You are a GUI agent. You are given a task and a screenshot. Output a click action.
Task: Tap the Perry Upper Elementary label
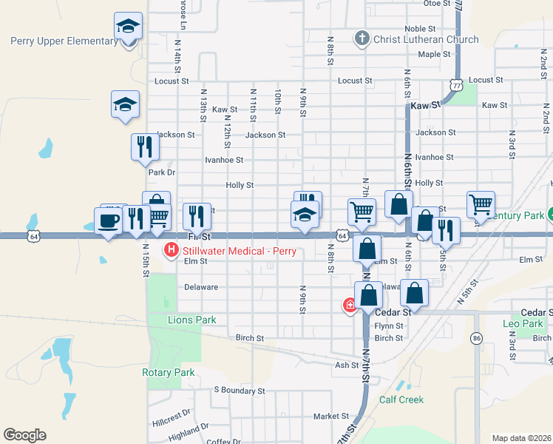[x=64, y=41]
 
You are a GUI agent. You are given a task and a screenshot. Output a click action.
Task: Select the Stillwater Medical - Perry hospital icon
[x=172, y=251]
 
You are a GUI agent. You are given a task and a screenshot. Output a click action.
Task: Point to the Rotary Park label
[x=169, y=372]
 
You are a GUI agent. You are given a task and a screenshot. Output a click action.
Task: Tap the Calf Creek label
[x=401, y=400]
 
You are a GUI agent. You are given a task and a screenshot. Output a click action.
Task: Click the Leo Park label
[x=523, y=323]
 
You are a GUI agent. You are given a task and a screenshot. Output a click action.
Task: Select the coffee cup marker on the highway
[x=109, y=221]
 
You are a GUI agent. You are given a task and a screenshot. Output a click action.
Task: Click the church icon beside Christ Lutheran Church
[x=362, y=38]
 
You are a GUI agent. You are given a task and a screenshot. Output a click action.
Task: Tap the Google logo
[x=24, y=435]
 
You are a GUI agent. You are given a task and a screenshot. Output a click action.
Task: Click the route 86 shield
[x=476, y=338]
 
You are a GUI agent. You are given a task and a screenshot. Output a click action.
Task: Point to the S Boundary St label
[x=239, y=390]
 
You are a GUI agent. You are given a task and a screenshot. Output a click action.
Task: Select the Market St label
[x=330, y=417]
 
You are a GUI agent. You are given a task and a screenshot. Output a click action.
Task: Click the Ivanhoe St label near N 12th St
[x=224, y=160]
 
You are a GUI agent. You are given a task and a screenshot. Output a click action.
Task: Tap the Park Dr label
[x=161, y=172]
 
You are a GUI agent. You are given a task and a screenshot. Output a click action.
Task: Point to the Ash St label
[x=347, y=365]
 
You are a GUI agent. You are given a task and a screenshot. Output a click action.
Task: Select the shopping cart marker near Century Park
[x=481, y=203]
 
